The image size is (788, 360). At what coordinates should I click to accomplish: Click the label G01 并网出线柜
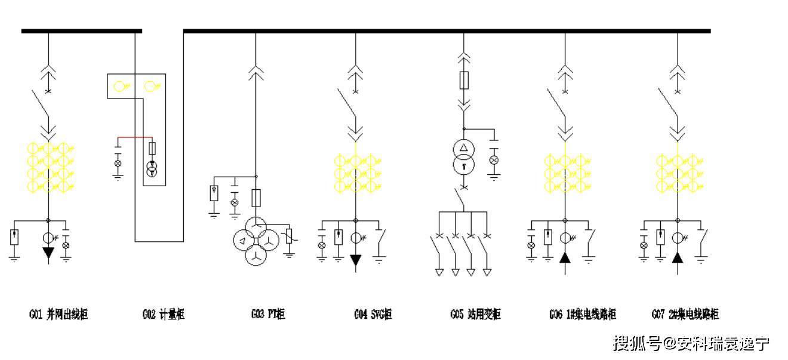tap(58, 314)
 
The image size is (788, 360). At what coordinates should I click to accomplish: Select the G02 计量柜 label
tap(163, 314)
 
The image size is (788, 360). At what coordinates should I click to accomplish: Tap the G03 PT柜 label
tap(268, 314)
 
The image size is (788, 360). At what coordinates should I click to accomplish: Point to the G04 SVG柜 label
tap(373, 314)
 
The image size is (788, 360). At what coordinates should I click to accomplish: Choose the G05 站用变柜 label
tap(475, 314)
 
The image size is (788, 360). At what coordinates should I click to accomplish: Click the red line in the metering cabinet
tap(134, 137)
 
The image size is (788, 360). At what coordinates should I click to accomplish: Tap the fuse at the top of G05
tap(464, 80)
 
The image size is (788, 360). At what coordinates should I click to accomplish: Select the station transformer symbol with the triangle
tap(464, 156)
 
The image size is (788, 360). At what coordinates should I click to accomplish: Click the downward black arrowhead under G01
tap(48, 253)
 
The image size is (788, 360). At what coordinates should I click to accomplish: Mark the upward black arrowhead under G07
tap(677, 258)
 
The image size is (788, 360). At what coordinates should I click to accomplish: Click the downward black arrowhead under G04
tap(356, 260)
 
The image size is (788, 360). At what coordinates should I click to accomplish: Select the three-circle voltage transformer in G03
tap(256, 242)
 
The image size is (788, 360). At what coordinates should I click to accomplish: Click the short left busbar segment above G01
tap(81, 30)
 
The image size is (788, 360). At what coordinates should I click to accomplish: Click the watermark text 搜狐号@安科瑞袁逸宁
tap(691, 344)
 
